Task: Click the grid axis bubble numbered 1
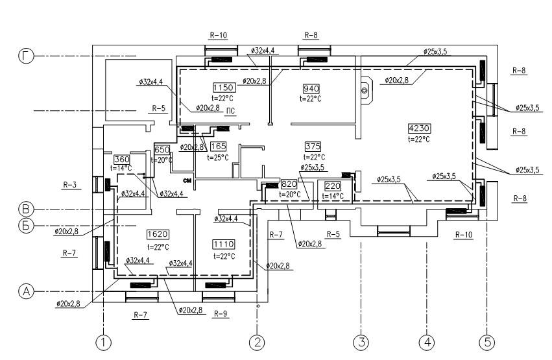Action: pos(102,342)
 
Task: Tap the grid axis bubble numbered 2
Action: pos(258,342)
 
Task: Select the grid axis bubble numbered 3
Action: pos(360,342)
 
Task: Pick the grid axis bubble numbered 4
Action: pos(427,342)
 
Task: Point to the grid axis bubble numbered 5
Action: pos(486,342)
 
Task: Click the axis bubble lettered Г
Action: pos(26,57)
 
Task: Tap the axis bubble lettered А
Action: pos(26,292)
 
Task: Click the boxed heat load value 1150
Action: pos(222,88)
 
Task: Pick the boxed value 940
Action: pos(312,88)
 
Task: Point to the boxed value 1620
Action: pos(158,234)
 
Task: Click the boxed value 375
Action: pos(313,146)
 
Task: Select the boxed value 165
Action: pos(218,146)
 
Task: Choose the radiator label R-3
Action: pos(70,186)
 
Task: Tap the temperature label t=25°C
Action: pos(218,157)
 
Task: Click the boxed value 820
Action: pos(288,184)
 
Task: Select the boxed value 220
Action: pos(332,186)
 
